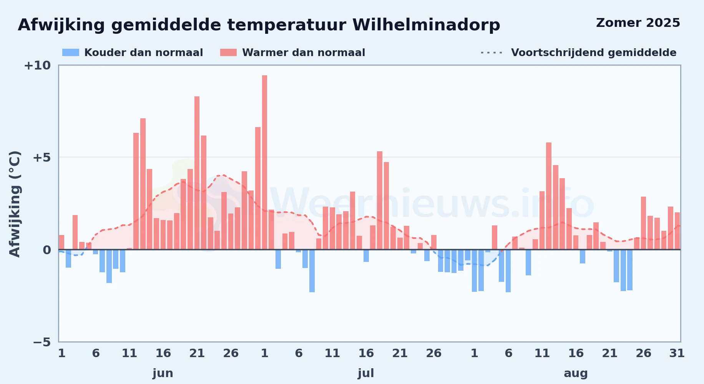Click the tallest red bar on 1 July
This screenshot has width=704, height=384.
pyautogui.click(x=264, y=162)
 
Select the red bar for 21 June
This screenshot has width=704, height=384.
pyautogui.click(x=197, y=173)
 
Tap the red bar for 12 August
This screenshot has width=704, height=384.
pyautogui.click(x=549, y=196)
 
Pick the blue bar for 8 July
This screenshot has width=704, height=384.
pyautogui.click(x=312, y=271)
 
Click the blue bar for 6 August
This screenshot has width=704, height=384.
pyautogui.click(x=508, y=271)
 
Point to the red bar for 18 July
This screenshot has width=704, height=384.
pyautogui.click(x=380, y=200)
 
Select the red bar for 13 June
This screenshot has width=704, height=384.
pyautogui.click(x=143, y=184)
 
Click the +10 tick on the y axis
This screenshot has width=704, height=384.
pyautogui.click(x=37, y=66)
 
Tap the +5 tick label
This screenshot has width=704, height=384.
pyautogui.click(x=42, y=157)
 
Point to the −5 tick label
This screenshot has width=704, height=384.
pyautogui.click(x=42, y=342)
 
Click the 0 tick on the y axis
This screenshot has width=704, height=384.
pyautogui.click(x=47, y=250)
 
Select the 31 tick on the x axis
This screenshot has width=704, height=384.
pyautogui.click(x=677, y=353)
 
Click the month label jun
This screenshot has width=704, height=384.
pyautogui.click(x=163, y=373)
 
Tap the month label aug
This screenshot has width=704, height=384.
pyautogui.click(x=576, y=373)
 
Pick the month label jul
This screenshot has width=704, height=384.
pyautogui.click(x=366, y=373)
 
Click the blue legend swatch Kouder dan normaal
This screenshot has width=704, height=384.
pyautogui.click(x=71, y=53)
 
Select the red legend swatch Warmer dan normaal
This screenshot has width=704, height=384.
pyautogui.click(x=228, y=53)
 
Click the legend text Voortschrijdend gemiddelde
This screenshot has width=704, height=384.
pyautogui.click(x=594, y=53)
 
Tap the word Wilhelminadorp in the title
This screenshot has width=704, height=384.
pyautogui.click(x=426, y=25)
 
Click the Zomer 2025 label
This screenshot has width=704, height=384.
pyautogui.click(x=638, y=23)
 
